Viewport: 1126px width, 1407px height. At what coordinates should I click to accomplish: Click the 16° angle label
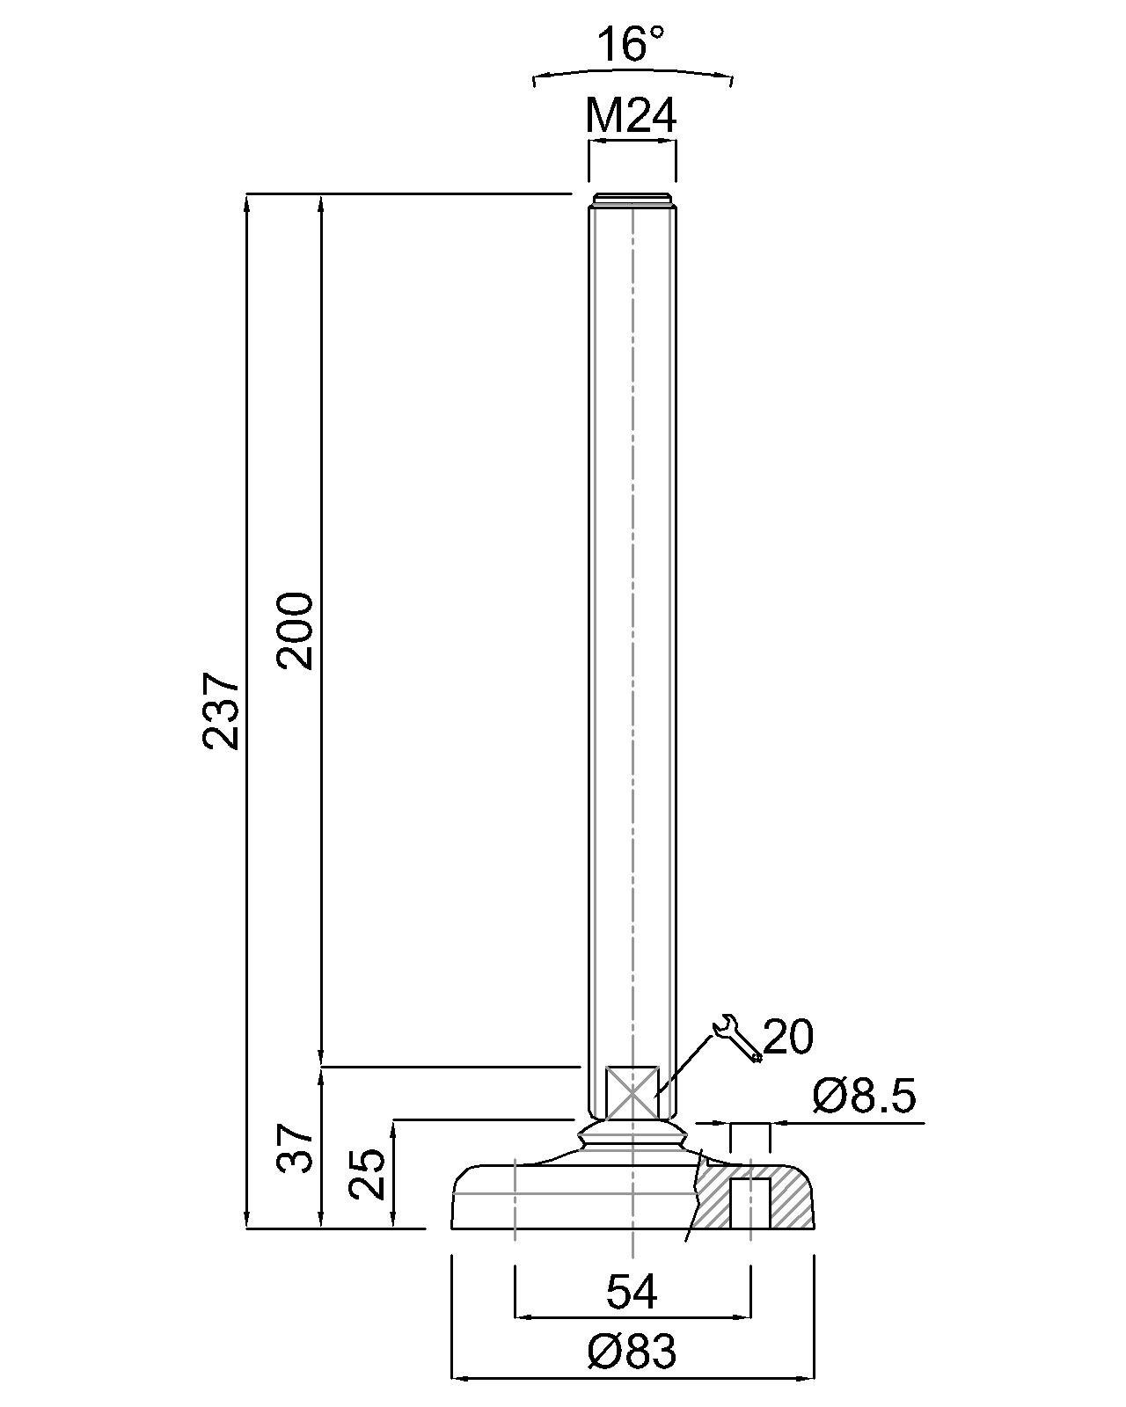point(632,44)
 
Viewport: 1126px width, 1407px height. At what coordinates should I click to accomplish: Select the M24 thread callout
point(631,116)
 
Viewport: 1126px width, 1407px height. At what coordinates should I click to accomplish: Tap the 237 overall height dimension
point(221,710)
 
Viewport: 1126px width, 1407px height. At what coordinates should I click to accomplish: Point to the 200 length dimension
point(295,631)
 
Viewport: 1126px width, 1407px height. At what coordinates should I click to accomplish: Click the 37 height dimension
point(295,1148)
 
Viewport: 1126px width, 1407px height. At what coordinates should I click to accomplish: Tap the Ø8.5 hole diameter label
point(864,1097)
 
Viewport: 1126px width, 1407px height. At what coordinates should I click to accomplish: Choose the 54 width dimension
point(632,1292)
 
